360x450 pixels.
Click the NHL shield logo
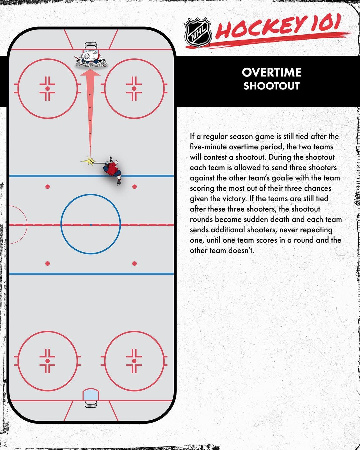[198, 32]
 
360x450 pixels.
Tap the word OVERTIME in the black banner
[271, 72]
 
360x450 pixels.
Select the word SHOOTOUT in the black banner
[271, 86]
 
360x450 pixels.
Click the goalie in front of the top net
[91, 59]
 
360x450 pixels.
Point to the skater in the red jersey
[113, 169]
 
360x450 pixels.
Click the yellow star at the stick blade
[89, 161]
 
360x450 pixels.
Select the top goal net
[91, 46]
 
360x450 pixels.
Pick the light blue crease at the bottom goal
[91, 395]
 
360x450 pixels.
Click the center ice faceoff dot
[91, 225]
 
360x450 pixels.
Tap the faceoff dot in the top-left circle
[47, 88]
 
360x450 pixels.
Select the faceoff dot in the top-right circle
[134, 88]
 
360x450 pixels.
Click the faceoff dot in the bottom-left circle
[47, 361]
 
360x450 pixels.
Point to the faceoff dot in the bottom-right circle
[134, 361]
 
